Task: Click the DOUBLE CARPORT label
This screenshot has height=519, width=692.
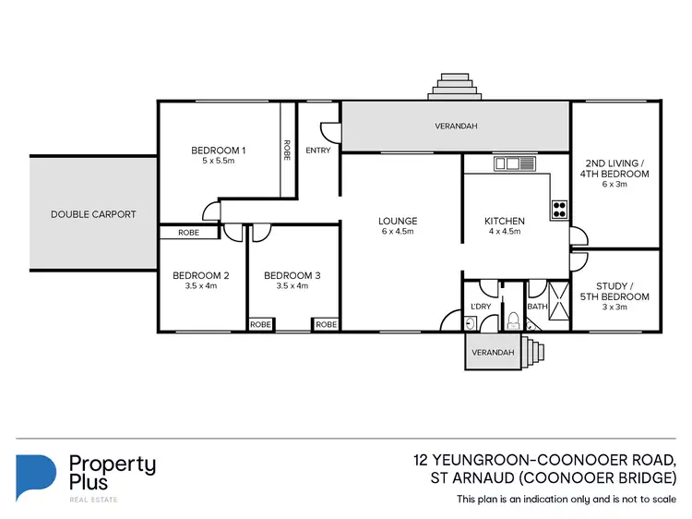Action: click(93, 214)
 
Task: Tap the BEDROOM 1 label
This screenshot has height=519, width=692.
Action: click(219, 151)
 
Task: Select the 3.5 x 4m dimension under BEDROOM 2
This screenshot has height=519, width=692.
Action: click(201, 286)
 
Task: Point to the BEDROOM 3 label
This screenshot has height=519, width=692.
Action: click(292, 275)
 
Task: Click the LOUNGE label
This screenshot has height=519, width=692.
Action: click(398, 222)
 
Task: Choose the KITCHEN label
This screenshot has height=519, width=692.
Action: click(505, 222)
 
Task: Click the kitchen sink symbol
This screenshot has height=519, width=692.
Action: click(513, 164)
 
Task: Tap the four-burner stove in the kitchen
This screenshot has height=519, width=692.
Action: click(559, 210)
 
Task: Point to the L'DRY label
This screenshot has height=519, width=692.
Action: click(481, 306)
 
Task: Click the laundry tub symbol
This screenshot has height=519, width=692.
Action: click(471, 322)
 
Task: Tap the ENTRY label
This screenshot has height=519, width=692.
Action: click(317, 151)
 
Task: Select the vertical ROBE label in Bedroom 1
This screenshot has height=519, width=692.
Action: click(287, 151)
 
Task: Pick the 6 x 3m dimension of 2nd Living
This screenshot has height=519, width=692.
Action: click(614, 184)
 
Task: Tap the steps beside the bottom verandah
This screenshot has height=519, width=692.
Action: click(533, 352)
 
